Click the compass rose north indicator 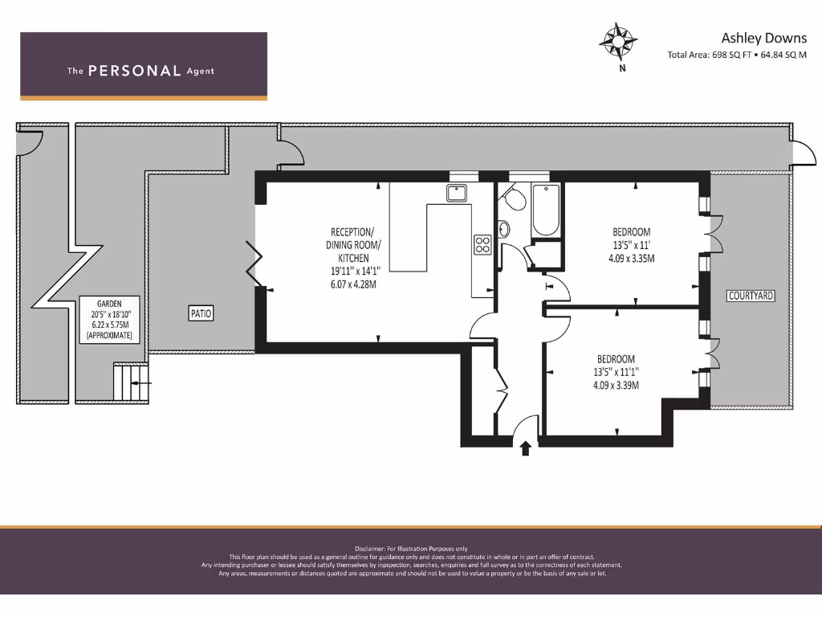[619, 41]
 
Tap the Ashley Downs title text [758, 38]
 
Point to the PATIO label [201, 313]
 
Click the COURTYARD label [751, 296]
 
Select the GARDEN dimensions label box [109, 320]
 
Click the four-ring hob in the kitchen [482, 244]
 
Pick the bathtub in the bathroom [546, 209]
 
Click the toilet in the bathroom [515, 198]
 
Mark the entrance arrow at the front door [526, 447]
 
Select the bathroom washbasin [503, 230]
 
